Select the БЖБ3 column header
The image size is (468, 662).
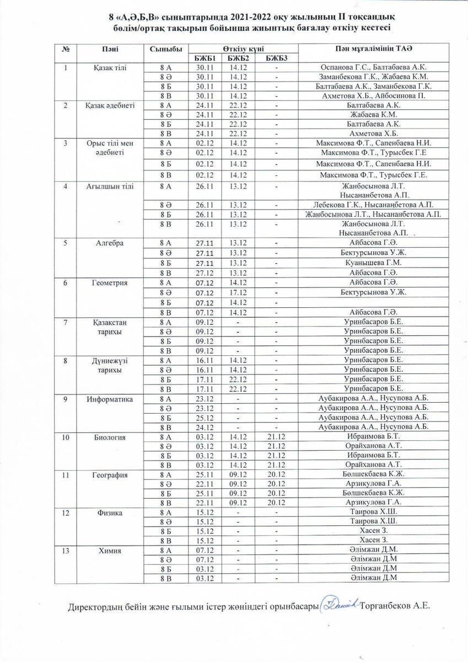click(x=277, y=58)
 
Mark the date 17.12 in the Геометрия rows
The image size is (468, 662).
click(x=238, y=291)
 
